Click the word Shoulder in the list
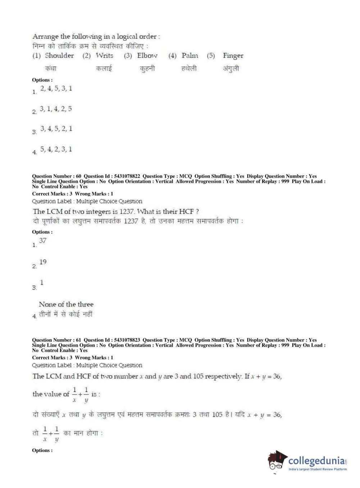click(59, 55)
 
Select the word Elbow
click(147, 55)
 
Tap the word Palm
click(190, 55)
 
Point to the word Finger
click(233, 56)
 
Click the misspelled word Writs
click(104, 55)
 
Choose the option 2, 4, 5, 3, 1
click(56, 89)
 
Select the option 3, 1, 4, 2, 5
click(56, 109)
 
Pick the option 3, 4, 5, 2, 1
click(56, 128)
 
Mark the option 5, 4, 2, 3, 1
click(56, 149)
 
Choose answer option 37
click(43, 240)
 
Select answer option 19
click(43, 262)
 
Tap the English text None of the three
click(66, 304)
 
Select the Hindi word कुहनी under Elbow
click(147, 68)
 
